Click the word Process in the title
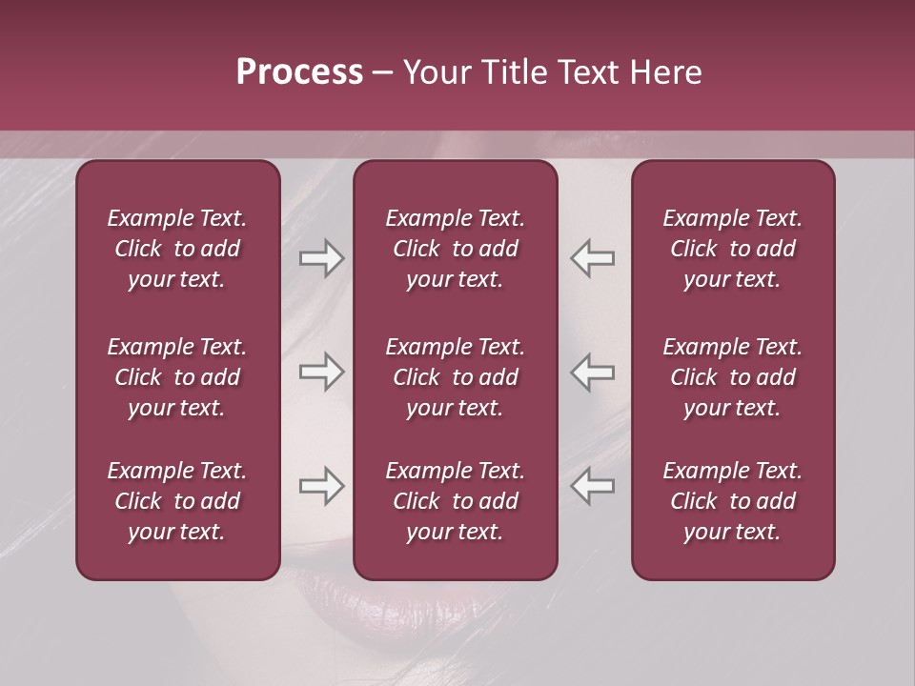coord(299,72)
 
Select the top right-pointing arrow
coord(322,258)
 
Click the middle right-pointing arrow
coord(322,372)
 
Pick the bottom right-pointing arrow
coord(322,486)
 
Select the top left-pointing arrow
coord(593,258)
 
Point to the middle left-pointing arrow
coord(593,372)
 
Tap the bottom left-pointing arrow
coord(593,486)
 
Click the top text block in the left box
coord(177,249)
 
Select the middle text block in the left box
coord(177,377)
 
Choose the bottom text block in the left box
coord(177,501)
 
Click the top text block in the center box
coord(455,249)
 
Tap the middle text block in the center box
coord(455,377)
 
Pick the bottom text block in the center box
coord(455,501)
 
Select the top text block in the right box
coord(732,249)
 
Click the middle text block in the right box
coord(732,377)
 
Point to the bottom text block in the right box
coord(732,501)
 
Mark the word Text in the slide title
coord(589,72)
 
